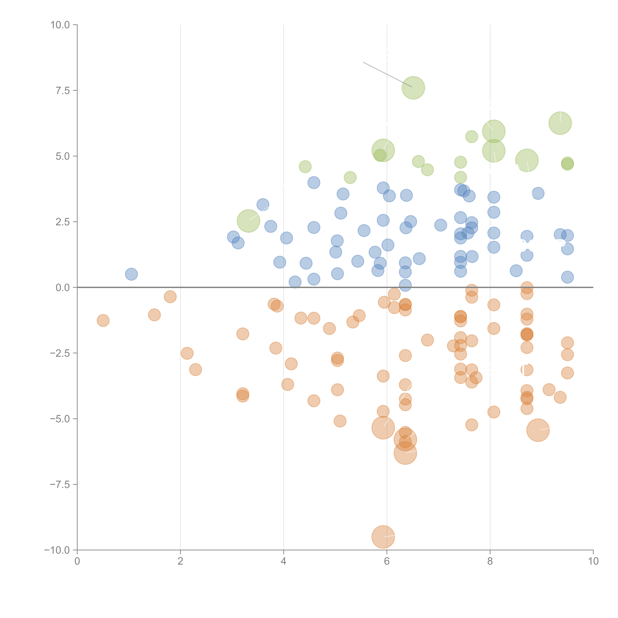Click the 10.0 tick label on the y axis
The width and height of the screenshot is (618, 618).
click(60, 25)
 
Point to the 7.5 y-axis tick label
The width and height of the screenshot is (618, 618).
click(63, 90)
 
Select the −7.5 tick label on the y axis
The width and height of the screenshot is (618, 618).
click(60, 484)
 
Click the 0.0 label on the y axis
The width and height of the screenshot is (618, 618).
click(63, 288)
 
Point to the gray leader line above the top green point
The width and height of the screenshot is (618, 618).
click(387, 74)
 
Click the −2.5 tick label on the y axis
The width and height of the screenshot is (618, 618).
click(60, 353)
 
